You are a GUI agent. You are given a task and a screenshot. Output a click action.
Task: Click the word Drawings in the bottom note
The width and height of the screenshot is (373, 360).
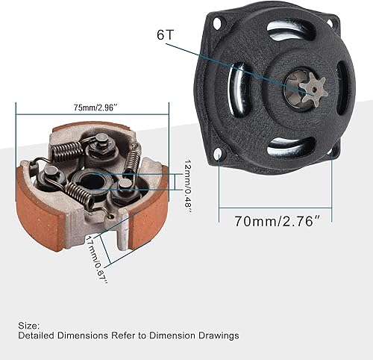pyautogui.click(x=217, y=336)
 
